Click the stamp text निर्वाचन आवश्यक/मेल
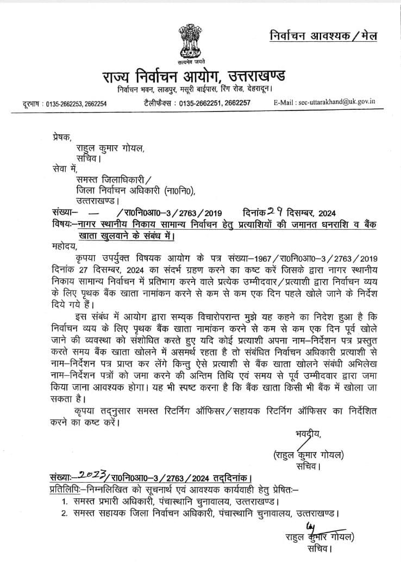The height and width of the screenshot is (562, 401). point(323,36)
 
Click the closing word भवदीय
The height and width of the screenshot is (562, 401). point(306,434)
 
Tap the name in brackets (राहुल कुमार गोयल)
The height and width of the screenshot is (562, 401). point(309,455)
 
